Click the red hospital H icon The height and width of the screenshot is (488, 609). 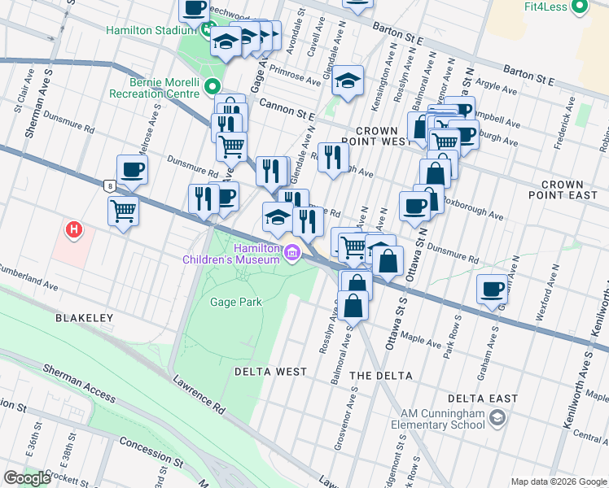(x=74, y=231)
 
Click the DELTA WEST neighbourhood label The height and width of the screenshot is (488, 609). (x=271, y=372)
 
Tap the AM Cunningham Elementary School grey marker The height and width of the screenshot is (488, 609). (x=500, y=418)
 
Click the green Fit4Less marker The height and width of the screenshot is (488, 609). (x=580, y=8)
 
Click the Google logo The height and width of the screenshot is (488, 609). (x=28, y=478)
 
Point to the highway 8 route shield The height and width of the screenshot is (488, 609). (x=109, y=185)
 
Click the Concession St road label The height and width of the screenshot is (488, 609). (x=150, y=445)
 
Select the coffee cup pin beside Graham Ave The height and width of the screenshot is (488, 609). (x=492, y=289)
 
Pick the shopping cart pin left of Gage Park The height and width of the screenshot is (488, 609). (x=123, y=211)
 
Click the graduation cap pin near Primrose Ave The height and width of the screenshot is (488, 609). (x=348, y=80)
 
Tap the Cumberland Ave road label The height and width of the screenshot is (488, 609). (x=28, y=276)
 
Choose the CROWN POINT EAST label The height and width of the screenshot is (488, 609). (x=574, y=191)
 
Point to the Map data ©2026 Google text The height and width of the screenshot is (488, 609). (x=558, y=481)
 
